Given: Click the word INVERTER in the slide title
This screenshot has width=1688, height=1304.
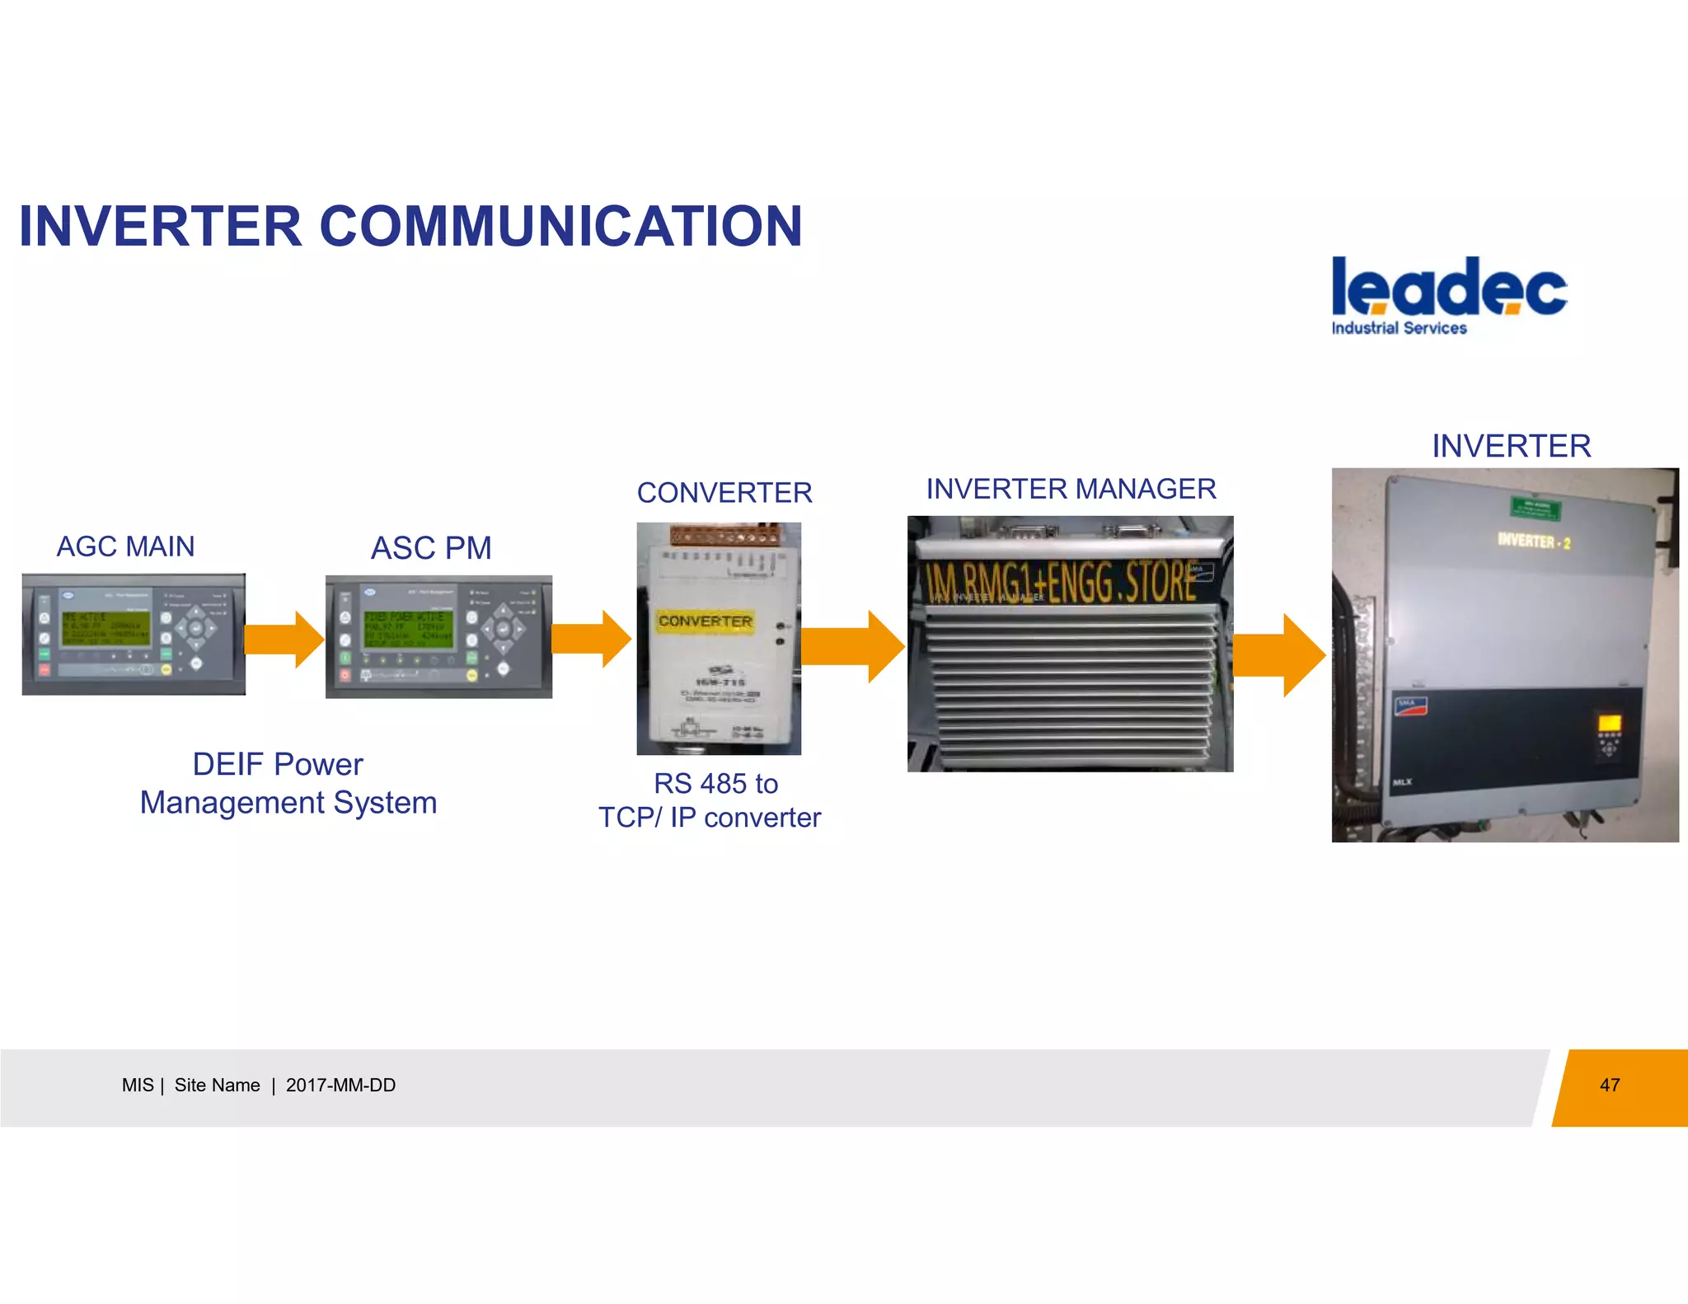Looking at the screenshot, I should point(160,227).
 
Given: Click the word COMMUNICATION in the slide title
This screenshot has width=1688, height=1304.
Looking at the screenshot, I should point(560,227).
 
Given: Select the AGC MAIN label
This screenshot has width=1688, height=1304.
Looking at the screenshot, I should point(125,546).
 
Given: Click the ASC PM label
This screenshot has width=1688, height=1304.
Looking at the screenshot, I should point(431,548).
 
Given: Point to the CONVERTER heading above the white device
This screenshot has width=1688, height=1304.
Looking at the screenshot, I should point(724,493).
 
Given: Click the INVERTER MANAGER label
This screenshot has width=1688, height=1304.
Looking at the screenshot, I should point(1071,489).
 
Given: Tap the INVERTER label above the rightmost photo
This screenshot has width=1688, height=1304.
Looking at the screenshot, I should point(1511,446).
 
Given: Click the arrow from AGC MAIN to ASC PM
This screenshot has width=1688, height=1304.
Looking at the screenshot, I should point(284,639).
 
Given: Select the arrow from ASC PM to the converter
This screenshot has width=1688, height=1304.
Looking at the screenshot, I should point(591,639).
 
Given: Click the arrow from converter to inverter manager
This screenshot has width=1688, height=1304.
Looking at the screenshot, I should point(853,646).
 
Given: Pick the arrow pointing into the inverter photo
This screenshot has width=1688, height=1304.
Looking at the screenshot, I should point(1280,655).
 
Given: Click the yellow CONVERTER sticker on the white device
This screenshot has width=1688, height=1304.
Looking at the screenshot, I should point(706,622).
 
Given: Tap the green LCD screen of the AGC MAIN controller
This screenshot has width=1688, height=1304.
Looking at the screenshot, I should point(105,630).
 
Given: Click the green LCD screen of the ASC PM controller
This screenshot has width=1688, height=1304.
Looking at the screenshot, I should point(409,631).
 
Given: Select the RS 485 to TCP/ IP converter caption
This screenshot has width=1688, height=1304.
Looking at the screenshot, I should point(710,800).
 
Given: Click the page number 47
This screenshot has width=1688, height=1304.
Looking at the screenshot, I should point(1610,1086).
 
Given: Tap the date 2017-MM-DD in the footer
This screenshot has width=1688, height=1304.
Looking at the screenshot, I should point(340,1086).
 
